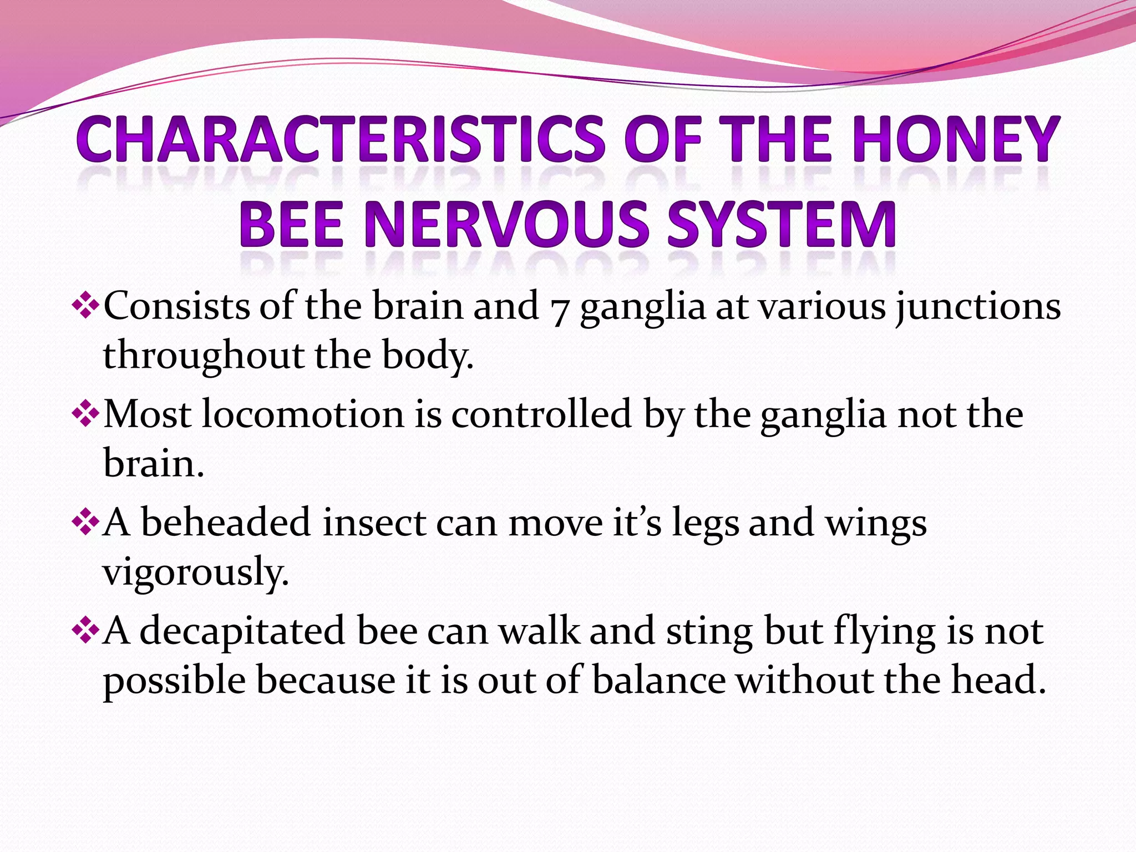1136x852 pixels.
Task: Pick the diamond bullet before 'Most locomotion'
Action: [x=85, y=414]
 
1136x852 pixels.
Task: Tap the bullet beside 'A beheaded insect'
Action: [x=85, y=523]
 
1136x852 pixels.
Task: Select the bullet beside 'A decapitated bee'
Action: [x=85, y=631]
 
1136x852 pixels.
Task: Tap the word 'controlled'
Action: [x=541, y=414]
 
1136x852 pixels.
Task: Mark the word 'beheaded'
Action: [x=225, y=523]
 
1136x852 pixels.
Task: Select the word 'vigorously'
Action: [x=196, y=573]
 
